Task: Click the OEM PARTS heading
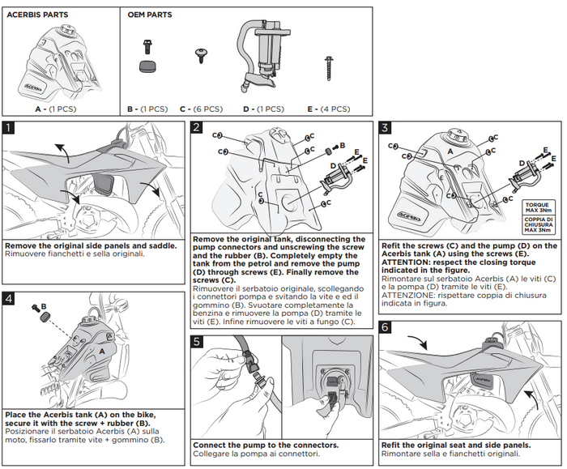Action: [150, 15]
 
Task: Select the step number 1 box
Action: [9, 127]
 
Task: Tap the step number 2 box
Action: [198, 127]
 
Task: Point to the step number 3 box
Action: [386, 127]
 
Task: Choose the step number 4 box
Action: [9, 298]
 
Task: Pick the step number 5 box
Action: [198, 342]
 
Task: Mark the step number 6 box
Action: [386, 326]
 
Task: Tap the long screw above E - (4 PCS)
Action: [329, 66]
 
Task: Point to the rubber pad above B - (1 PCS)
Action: [147, 63]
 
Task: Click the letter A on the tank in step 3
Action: [450, 151]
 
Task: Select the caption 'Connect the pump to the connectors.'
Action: [251, 445]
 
